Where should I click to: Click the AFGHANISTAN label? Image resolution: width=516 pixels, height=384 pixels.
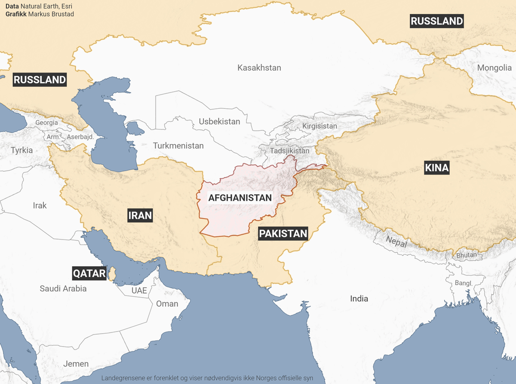(x=240, y=198)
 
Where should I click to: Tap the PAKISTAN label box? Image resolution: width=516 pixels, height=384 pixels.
(x=283, y=234)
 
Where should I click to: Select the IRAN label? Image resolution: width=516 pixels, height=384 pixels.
(x=140, y=215)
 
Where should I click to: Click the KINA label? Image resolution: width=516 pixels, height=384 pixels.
(x=436, y=168)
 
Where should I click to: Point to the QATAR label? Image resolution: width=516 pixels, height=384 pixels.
(x=89, y=273)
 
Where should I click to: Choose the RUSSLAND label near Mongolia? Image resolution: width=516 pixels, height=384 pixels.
(x=436, y=21)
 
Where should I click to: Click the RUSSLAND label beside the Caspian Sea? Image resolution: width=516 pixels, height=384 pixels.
(x=40, y=80)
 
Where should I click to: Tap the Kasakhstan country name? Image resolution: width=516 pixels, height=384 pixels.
(x=259, y=68)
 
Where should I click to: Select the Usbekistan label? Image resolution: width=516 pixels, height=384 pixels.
(x=219, y=122)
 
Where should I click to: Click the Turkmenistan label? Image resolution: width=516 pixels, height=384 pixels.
(x=178, y=146)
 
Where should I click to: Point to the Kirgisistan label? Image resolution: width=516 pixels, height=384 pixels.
(x=319, y=126)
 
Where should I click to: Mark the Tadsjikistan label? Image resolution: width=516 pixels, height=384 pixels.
(x=289, y=151)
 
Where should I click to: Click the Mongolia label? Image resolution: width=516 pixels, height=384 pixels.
(x=494, y=68)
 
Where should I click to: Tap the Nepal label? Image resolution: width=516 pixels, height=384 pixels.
(x=396, y=242)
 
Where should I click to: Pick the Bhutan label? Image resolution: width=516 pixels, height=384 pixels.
(x=467, y=255)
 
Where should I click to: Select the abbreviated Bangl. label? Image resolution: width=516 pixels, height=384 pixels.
(x=464, y=283)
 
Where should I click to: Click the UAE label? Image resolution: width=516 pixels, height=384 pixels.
(x=139, y=291)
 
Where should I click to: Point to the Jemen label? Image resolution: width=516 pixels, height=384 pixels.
(x=76, y=364)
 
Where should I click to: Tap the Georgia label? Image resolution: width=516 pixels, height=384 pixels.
(x=46, y=123)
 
